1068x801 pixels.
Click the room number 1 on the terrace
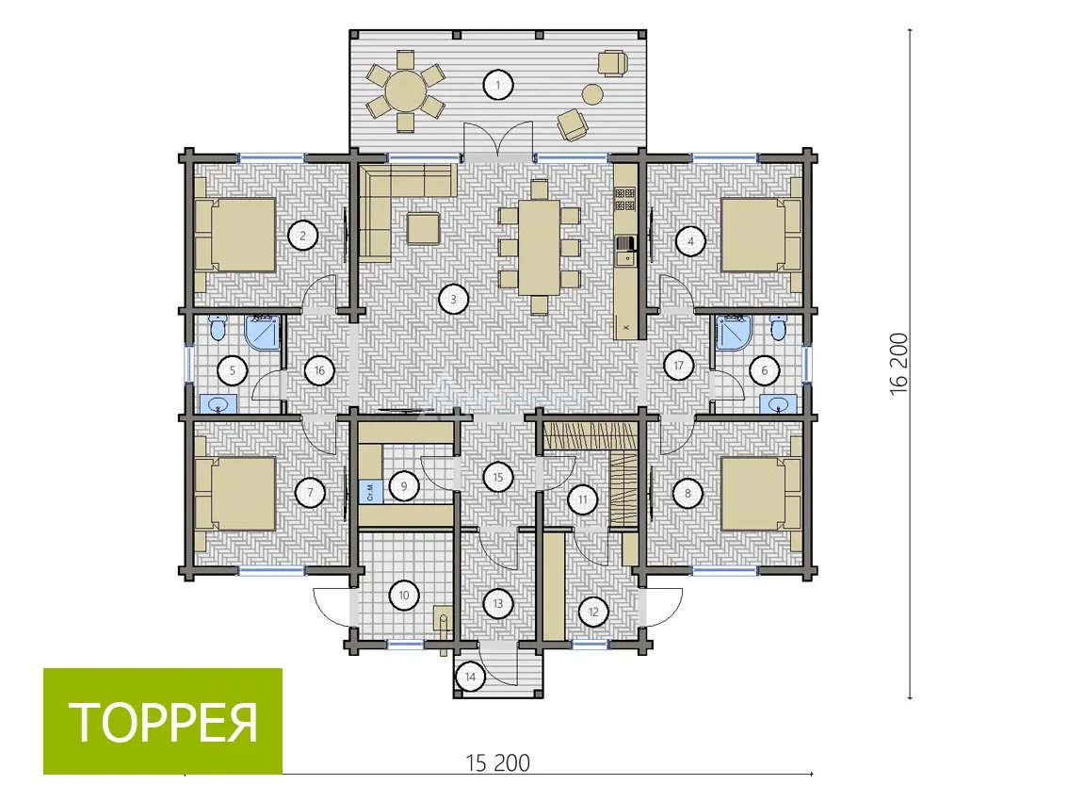[498, 85]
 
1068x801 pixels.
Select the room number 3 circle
[453, 299]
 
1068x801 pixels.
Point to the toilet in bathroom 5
[218, 330]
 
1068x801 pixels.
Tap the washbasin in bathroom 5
[218, 404]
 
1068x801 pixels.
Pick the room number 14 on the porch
[470, 678]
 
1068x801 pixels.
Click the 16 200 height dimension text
[898, 361]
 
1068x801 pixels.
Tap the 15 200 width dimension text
[498, 762]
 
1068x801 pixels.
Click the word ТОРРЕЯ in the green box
[164, 722]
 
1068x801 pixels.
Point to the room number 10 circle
[403, 596]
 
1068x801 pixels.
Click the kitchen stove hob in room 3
[624, 199]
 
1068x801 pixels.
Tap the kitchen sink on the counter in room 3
[624, 250]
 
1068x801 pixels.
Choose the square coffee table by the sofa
[424, 228]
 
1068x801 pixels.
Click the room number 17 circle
[678, 366]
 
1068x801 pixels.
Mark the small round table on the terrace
[592, 93]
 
